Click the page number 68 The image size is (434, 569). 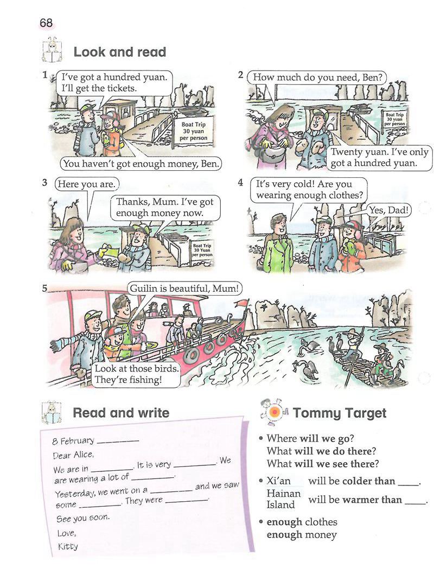[46, 23]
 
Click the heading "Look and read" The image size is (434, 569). [120, 52]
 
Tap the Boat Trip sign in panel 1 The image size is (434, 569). [194, 131]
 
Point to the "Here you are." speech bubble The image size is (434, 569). [87, 184]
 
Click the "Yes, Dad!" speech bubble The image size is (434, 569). [390, 210]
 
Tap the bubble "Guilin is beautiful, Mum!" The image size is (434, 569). [184, 289]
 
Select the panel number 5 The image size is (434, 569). [44, 289]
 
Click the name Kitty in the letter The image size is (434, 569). [68, 546]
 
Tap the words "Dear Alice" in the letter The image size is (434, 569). [73, 455]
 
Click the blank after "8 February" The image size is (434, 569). [118, 441]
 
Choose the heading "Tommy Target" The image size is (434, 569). [340, 413]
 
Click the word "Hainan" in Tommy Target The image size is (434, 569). [284, 493]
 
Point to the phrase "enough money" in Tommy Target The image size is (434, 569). [302, 534]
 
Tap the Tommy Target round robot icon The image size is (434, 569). [275, 412]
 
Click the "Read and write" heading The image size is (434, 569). [121, 413]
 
